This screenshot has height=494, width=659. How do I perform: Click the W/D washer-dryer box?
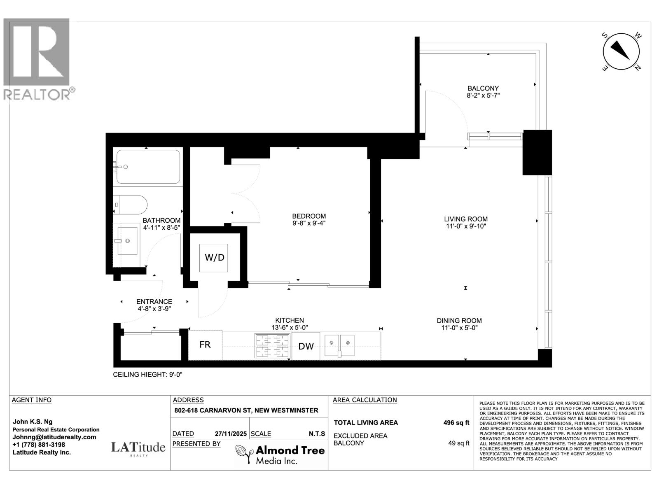[x=213, y=258]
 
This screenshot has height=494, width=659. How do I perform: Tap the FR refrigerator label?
[x=205, y=345]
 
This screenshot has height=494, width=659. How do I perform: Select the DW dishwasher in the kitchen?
[x=306, y=346]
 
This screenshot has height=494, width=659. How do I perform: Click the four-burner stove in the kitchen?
[x=272, y=346]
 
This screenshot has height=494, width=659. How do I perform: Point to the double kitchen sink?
[x=339, y=345]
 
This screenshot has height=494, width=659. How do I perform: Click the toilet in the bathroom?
[x=131, y=205]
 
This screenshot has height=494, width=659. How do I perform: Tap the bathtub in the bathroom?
[x=148, y=166]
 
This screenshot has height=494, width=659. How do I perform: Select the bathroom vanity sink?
[x=127, y=241]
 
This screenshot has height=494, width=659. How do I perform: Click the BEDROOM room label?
[x=309, y=216]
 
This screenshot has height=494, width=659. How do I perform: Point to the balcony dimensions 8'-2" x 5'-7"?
[x=483, y=96]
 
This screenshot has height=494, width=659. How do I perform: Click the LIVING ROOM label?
[x=466, y=219]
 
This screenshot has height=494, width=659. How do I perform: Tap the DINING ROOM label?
[x=459, y=321]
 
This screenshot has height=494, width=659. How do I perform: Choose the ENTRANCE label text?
[x=154, y=301]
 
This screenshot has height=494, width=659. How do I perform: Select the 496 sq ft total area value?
[x=456, y=423]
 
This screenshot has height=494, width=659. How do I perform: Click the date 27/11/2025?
[x=231, y=434]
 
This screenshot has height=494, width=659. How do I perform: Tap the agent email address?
[x=54, y=437]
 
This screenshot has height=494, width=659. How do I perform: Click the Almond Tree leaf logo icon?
[x=243, y=454]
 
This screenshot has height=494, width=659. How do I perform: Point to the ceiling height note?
[x=148, y=375]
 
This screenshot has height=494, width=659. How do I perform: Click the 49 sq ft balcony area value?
[x=459, y=443]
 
